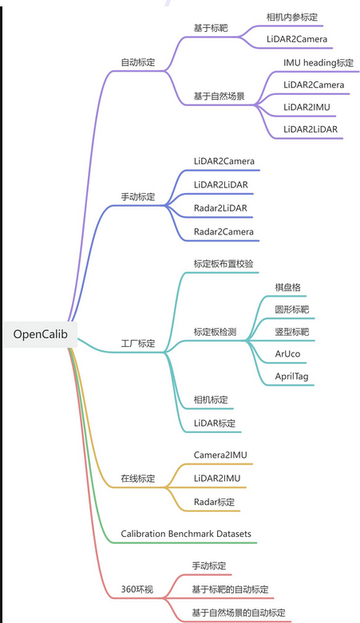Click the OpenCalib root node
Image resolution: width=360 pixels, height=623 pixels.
point(39,333)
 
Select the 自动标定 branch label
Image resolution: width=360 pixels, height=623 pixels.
point(137,61)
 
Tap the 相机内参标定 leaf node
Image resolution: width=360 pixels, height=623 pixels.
point(295,16)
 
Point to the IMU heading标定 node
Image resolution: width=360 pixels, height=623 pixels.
point(318,62)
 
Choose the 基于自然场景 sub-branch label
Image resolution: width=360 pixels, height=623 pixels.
point(219,96)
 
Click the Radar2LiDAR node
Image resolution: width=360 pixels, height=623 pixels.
point(220,208)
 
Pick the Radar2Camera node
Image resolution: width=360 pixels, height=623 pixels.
point(224,231)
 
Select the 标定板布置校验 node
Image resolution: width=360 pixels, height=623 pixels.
point(224,263)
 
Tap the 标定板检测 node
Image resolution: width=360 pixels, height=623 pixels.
point(215,332)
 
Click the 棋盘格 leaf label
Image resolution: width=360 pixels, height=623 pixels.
point(287,287)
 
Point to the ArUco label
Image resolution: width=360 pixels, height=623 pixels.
point(287,353)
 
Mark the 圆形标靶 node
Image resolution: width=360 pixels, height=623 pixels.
point(291,309)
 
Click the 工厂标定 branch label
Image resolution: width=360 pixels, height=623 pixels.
point(137,344)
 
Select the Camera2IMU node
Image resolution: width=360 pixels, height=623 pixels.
point(220,455)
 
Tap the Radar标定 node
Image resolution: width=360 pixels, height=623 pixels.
point(215,502)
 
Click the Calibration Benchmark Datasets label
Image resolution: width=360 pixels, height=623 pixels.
point(188,533)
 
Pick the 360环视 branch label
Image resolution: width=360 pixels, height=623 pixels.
point(137,589)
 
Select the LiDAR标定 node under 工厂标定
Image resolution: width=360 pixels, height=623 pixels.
point(215,423)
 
